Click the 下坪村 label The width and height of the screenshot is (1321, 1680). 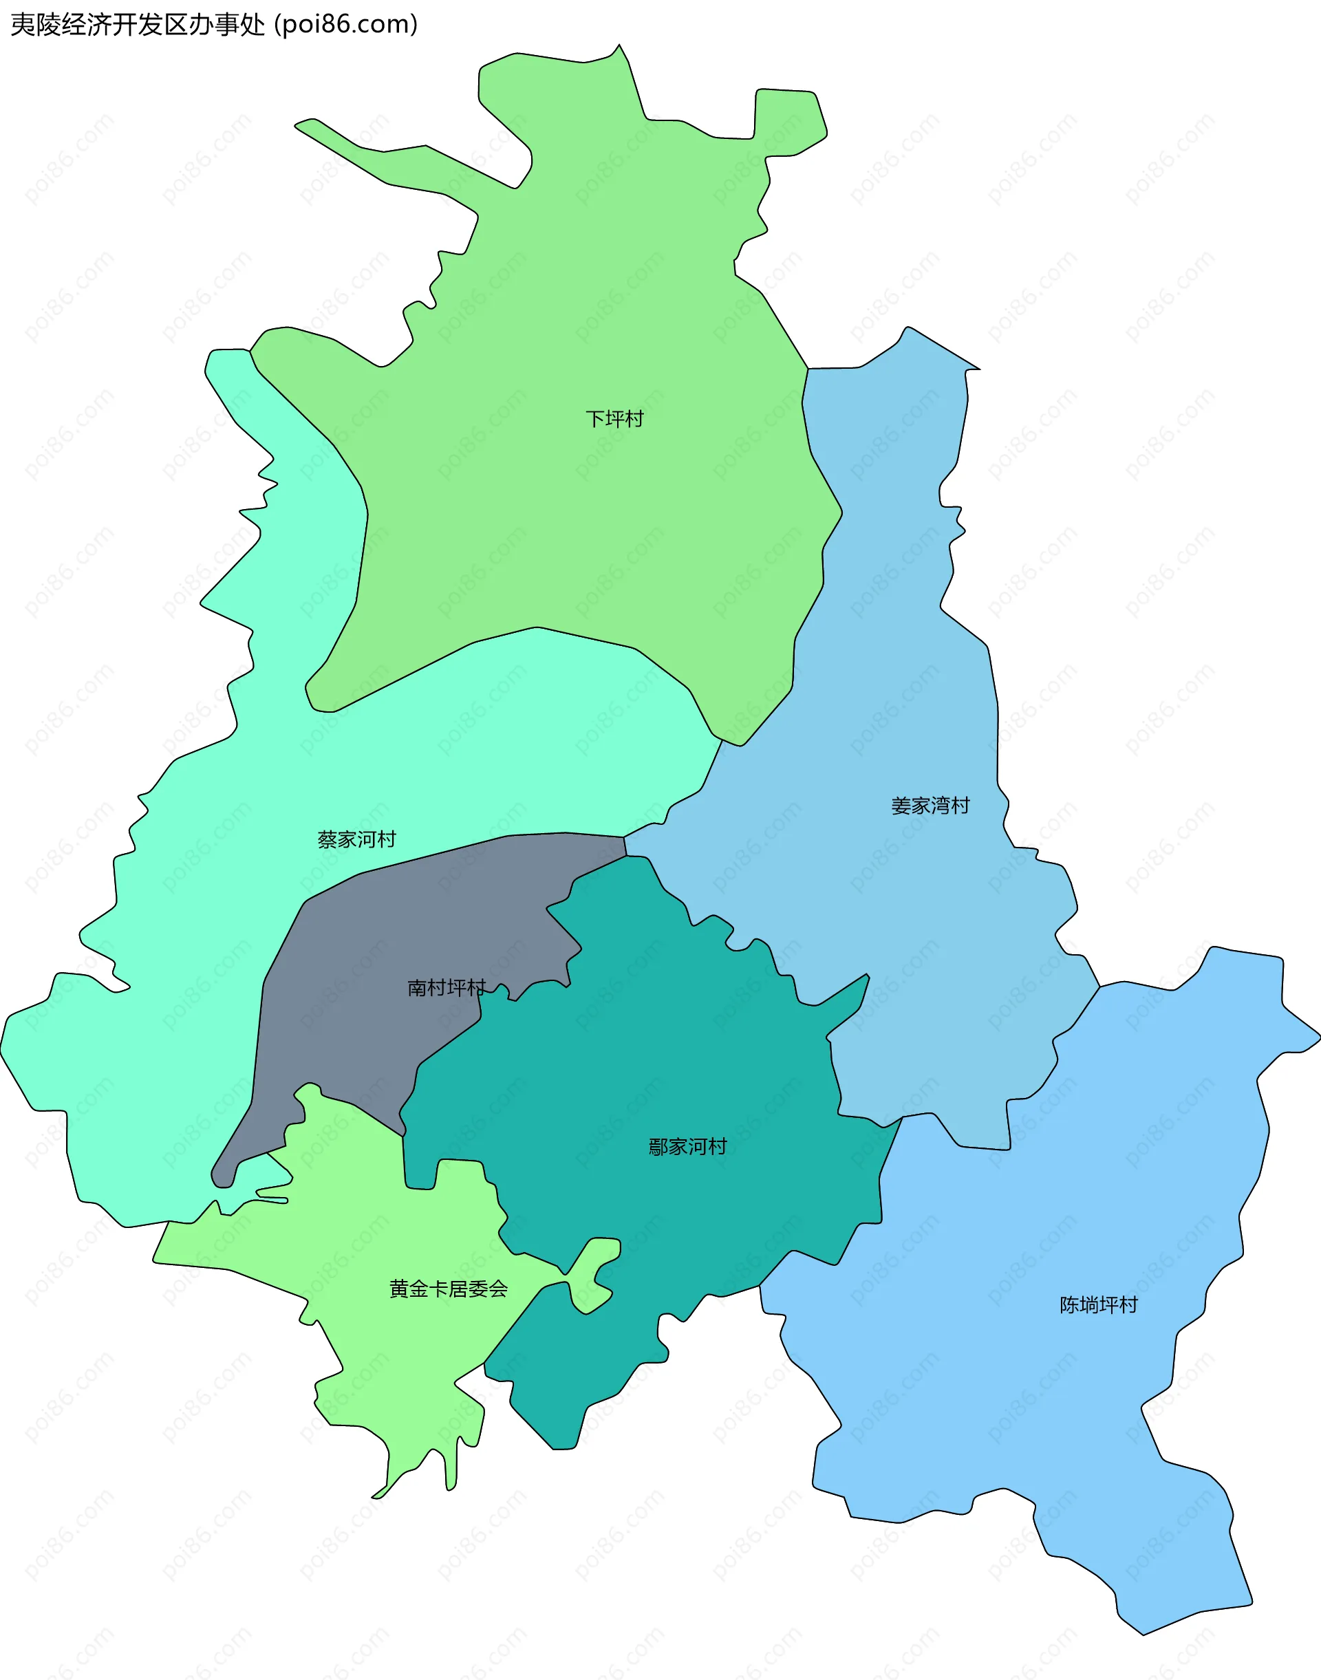pyautogui.click(x=614, y=419)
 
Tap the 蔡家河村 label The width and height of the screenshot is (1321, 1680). pyautogui.click(x=356, y=839)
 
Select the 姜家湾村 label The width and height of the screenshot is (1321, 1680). pyautogui.click(x=930, y=806)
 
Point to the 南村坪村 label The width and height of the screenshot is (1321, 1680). pyautogui.click(x=447, y=988)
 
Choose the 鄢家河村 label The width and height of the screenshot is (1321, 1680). pyautogui.click(x=687, y=1146)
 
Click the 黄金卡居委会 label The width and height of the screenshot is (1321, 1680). pyautogui.click(x=449, y=1289)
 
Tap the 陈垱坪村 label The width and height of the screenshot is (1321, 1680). pyautogui.click(x=1098, y=1305)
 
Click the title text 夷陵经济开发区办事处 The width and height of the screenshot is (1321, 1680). pyautogui.click(x=138, y=25)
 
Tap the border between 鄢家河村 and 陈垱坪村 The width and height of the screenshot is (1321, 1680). pyautogui.click(x=881, y=1176)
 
